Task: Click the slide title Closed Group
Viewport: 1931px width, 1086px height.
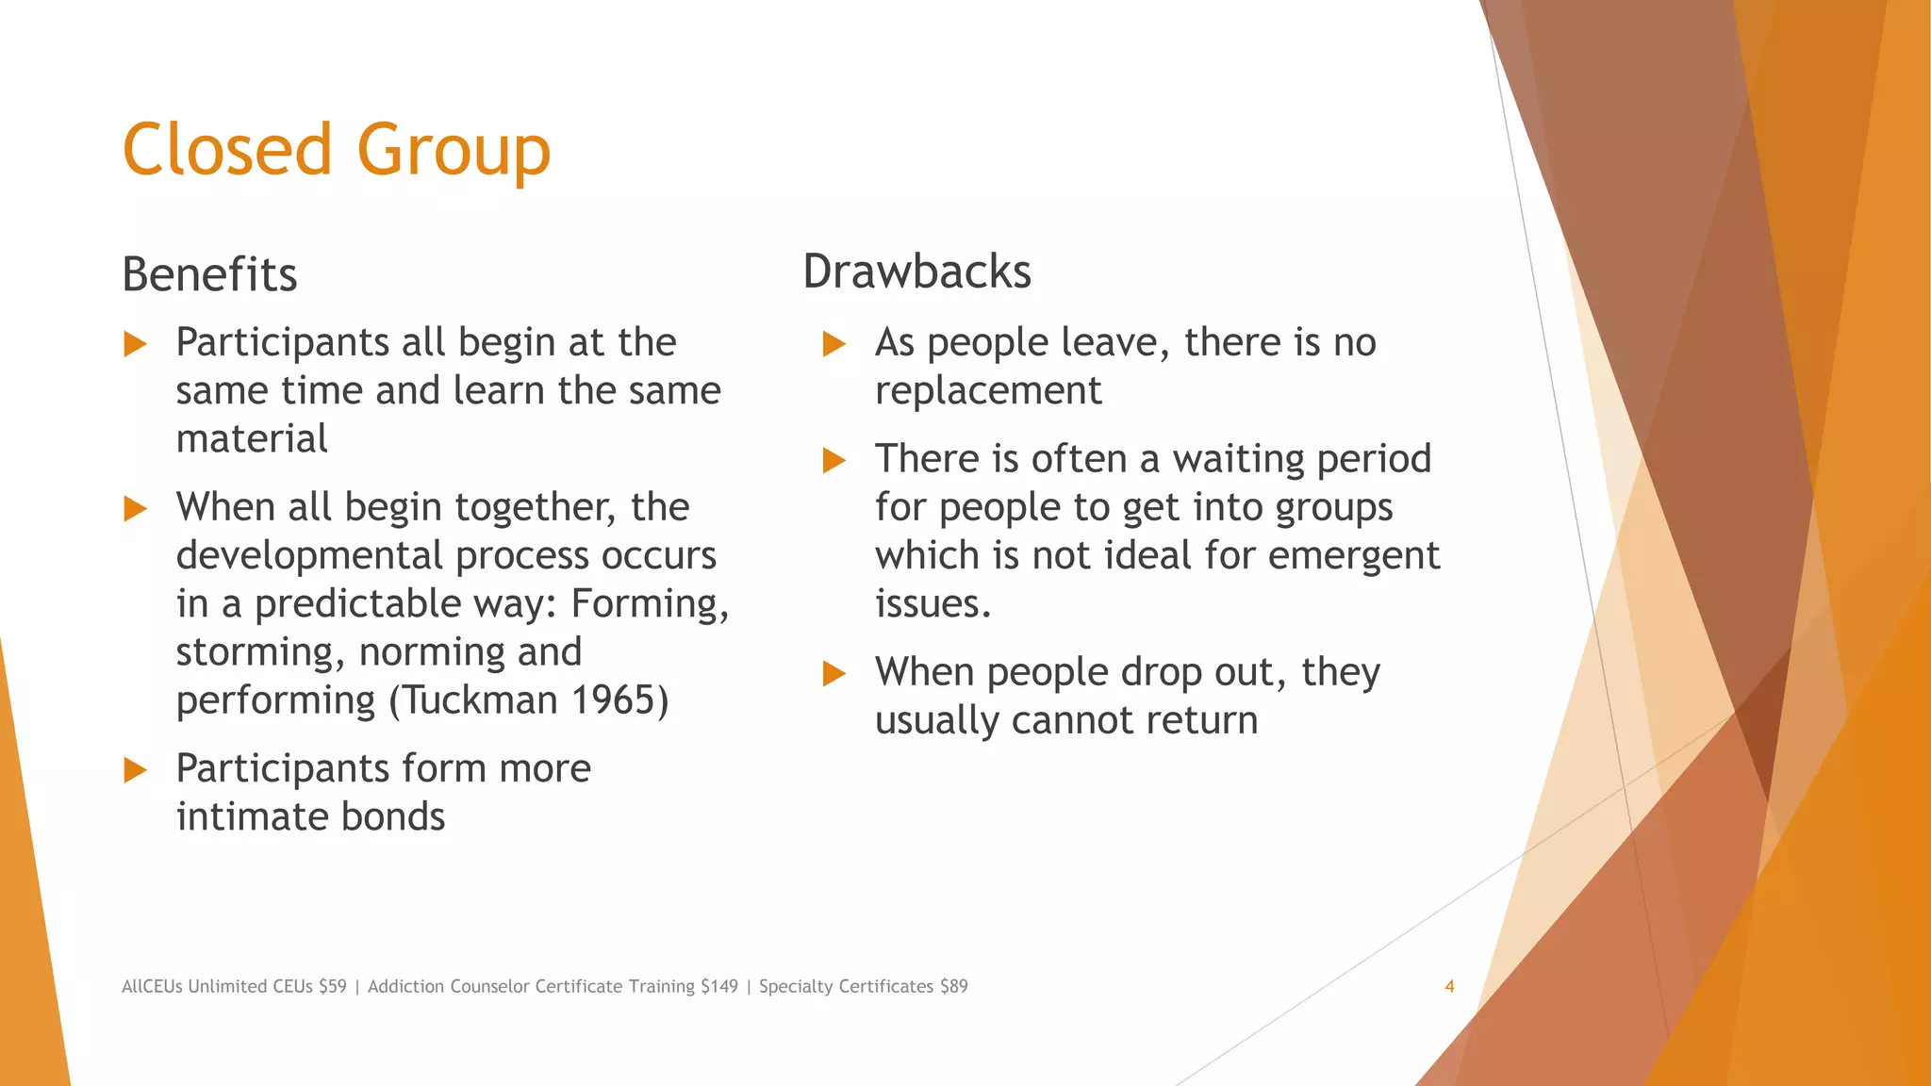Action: tap(336, 150)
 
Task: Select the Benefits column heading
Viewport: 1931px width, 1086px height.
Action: tap(209, 274)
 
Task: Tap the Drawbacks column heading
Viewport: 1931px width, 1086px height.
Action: tap(916, 271)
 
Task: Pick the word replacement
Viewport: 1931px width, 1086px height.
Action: tap(988, 390)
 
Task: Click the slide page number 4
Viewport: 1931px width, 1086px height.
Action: tap(1449, 986)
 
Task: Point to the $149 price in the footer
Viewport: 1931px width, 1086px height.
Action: tap(719, 986)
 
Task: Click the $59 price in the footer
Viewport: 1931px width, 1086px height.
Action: tap(332, 986)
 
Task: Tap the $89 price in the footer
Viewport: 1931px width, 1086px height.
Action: tap(953, 986)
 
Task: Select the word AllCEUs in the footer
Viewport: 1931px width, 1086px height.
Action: tap(152, 986)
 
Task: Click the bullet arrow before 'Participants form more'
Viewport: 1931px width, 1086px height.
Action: tap(136, 770)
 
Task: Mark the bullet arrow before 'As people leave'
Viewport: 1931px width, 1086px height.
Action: tap(834, 344)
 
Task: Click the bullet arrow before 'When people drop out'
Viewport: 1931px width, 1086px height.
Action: tap(834, 674)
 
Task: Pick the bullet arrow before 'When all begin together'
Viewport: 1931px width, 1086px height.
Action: tap(136, 509)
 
